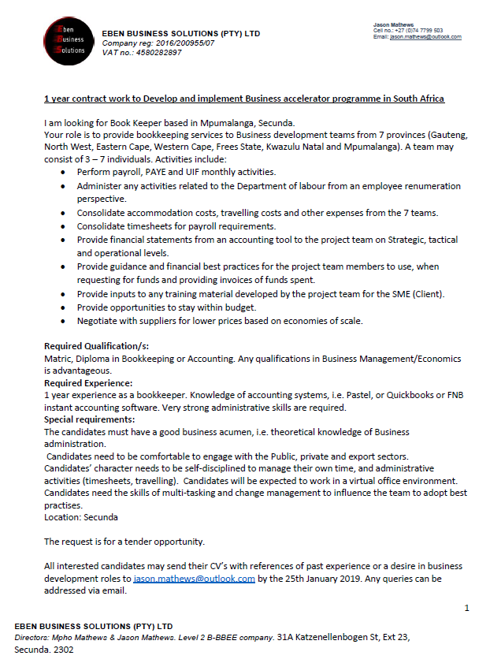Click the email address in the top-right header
coord(425,37)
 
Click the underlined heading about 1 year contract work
coord(244,99)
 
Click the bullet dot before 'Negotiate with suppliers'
coord(63,321)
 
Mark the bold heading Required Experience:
coord(88,382)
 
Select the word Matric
coord(58,359)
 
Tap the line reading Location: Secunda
coord(81,517)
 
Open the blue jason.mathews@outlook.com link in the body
coord(194,579)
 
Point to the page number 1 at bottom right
coord(466,608)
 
